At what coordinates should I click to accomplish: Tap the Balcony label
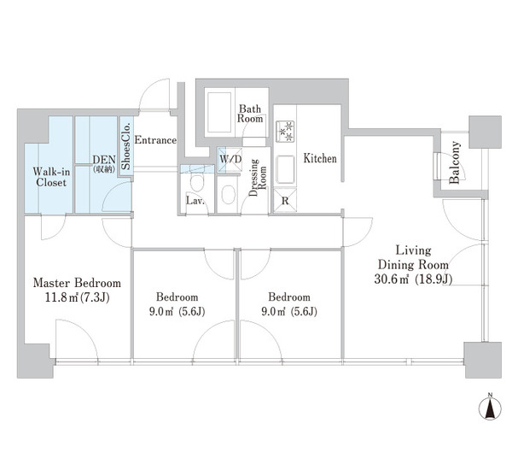(x=454, y=162)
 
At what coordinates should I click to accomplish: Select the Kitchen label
(x=320, y=159)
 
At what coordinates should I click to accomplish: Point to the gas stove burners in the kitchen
(x=286, y=132)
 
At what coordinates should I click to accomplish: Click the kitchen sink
(x=285, y=170)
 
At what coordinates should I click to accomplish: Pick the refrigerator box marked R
(x=285, y=200)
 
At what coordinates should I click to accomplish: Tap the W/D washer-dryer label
(x=230, y=160)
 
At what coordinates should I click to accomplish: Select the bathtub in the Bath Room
(x=218, y=113)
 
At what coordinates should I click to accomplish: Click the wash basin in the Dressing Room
(x=228, y=195)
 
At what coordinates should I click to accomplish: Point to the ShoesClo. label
(x=125, y=146)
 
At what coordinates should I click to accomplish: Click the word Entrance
(x=155, y=140)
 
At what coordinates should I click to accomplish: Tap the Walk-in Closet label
(x=51, y=177)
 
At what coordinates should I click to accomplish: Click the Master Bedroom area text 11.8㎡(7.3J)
(x=77, y=297)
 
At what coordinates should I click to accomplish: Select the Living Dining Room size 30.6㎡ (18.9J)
(x=413, y=279)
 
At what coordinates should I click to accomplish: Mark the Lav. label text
(x=195, y=201)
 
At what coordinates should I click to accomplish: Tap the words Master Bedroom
(x=77, y=283)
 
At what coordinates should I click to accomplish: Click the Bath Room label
(x=250, y=114)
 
